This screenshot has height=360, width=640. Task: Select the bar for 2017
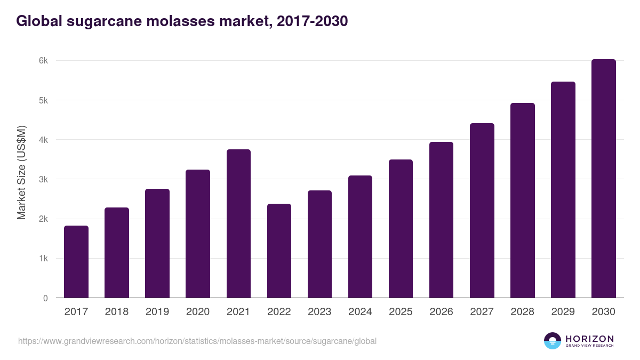coord(76,262)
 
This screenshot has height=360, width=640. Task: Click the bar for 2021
coord(238,223)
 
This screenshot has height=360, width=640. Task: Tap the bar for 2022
coord(279,251)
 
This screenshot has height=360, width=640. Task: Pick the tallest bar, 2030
coord(603,179)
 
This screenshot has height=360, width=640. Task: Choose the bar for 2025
coord(401,229)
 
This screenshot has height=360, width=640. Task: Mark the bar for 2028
coord(522,201)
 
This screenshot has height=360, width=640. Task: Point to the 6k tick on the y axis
coord(43,61)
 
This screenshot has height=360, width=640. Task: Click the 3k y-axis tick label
coord(43,180)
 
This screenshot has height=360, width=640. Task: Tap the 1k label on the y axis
coord(43,259)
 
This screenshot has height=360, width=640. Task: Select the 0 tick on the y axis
coord(45,298)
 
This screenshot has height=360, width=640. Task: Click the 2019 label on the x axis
coord(157,312)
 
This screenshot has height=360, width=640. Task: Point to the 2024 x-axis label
coord(360,312)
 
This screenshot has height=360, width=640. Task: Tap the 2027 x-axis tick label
coord(482,312)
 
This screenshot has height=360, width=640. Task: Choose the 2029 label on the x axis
coord(563,312)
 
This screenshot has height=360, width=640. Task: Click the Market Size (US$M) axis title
coord(21,172)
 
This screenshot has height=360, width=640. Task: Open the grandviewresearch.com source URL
coord(197,341)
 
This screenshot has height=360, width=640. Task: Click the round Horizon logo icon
coord(553,341)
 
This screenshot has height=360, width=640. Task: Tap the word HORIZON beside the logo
coord(589,338)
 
